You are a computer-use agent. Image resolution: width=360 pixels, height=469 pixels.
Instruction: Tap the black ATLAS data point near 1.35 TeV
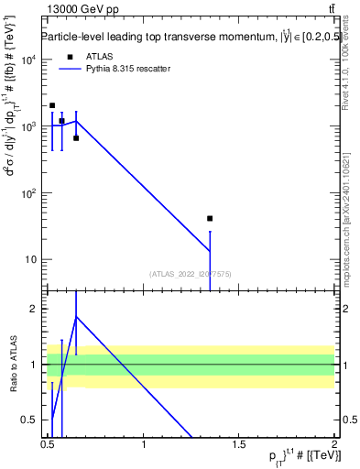[x=210, y=218]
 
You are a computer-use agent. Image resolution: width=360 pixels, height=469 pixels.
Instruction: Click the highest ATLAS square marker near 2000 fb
[x=52, y=105]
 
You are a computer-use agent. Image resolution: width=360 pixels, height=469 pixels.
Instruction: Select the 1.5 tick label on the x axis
[x=239, y=445]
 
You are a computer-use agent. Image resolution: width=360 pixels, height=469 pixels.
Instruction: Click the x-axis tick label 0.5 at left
[x=48, y=445]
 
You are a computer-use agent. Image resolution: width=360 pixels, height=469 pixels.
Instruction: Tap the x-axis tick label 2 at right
[x=333, y=445]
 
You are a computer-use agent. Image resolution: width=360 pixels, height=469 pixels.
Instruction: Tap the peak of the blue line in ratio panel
[x=76, y=317]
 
